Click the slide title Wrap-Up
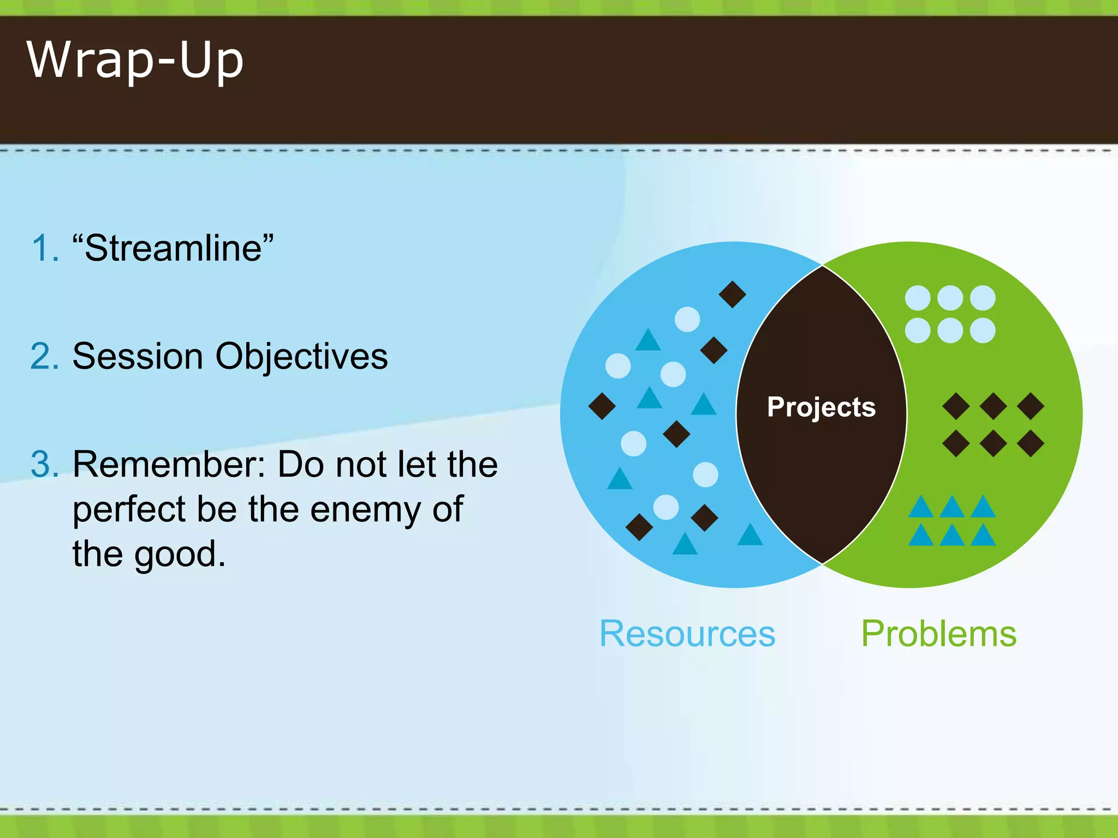pyautogui.click(x=135, y=60)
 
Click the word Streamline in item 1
pyautogui.click(x=173, y=248)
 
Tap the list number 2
pyautogui.click(x=44, y=357)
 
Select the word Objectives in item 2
pyautogui.click(x=301, y=357)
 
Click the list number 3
pyautogui.click(x=44, y=465)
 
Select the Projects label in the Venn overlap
pyautogui.click(x=821, y=407)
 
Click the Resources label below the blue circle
pyautogui.click(x=687, y=634)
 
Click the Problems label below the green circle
pyautogui.click(x=938, y=634)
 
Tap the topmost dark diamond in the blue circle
pyautogui.click(x=732, y=295)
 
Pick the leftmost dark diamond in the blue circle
pyautogui.click(x=602, y=406)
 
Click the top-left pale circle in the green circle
pyautogui.click(x=918, y=298)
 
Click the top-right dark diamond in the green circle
pyautogui.click(x=1031, y=406)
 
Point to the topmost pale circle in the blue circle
pyautogui.click(x=687, y=319)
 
